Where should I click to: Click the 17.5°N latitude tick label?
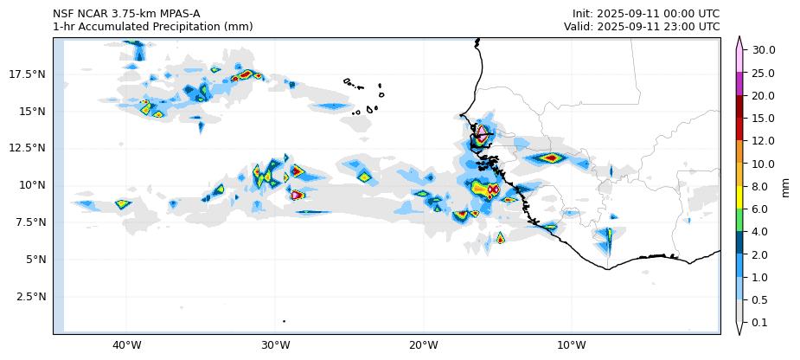coord(27,74)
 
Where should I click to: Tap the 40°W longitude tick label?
coord(127,346)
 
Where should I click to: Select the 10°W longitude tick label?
coord(572,346)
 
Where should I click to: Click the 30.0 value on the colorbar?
coord(764,50)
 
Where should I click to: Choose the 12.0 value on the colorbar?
coord(764,141)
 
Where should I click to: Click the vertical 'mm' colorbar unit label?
coord(786,186)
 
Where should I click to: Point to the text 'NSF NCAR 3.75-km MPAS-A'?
coord(126,14)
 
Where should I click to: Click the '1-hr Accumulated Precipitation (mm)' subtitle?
coord(152,27)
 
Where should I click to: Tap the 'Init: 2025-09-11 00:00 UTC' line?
coord(645,14)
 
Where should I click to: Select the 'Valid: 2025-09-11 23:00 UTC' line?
coord(642,27)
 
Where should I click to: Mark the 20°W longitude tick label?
coord(424,346)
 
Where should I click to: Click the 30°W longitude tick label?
coord(275,346)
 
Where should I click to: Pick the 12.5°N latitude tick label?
coord(27,148)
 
